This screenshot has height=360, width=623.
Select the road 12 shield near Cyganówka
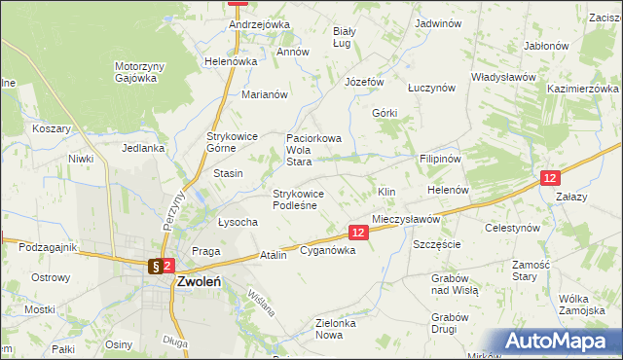click(x=358, y=233)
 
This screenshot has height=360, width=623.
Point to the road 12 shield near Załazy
click(x=550, y=177)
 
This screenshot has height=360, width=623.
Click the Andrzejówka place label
click(x=260, y=24)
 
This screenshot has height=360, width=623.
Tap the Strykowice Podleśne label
click(x=305, y=198)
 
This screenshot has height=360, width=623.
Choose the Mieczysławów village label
click(x=406, y=220)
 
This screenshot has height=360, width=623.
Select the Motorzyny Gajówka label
click(x=135, y=72)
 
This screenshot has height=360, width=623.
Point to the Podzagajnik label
click(x=48, y=247)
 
